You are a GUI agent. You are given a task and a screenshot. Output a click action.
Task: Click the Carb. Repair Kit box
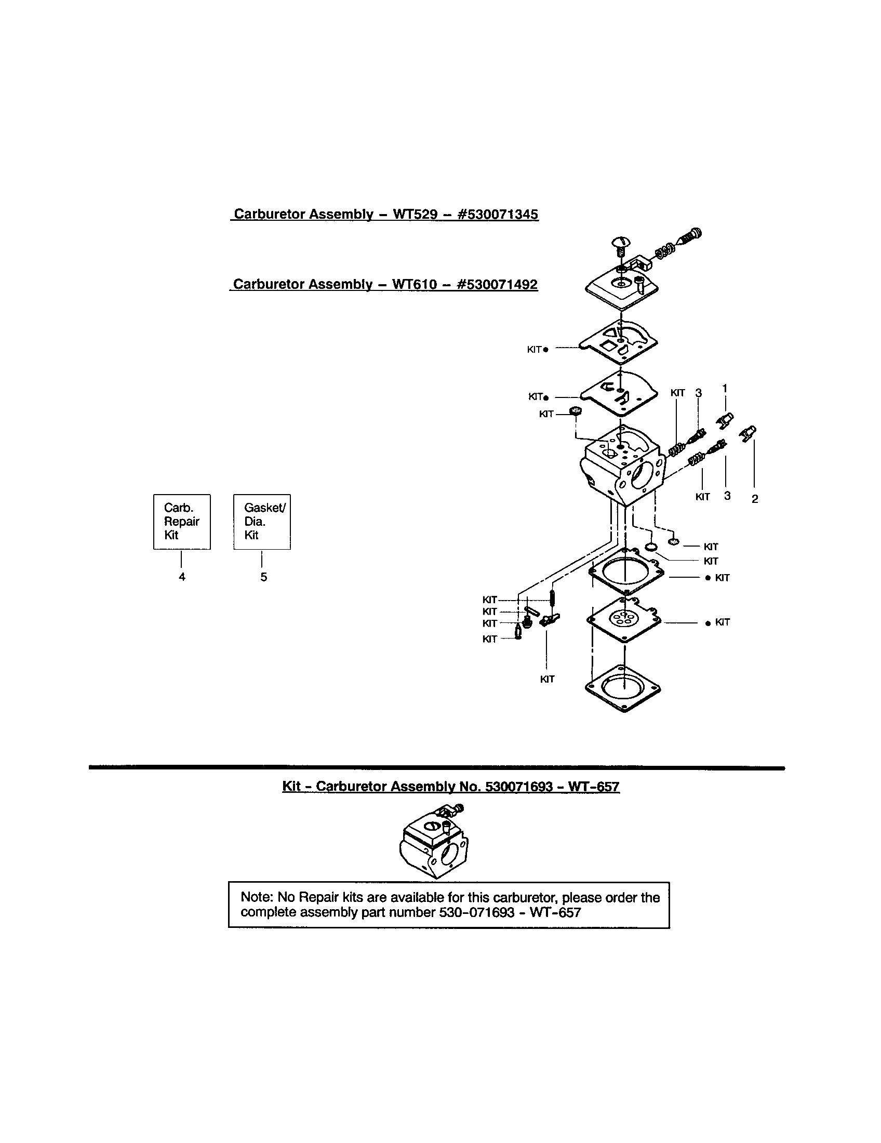tap(181, 521)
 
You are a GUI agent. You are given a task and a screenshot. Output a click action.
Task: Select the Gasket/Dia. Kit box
tap(262, 521)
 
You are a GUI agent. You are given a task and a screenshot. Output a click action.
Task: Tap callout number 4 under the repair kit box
tap(182, 577)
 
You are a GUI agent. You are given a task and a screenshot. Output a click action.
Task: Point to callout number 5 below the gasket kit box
tap(264, 577)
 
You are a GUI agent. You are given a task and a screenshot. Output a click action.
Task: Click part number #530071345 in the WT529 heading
tap(498, 214)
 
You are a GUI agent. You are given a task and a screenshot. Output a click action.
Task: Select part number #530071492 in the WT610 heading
tap(497, 284)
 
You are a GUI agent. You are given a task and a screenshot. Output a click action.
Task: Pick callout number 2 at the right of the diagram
tap(754, 499)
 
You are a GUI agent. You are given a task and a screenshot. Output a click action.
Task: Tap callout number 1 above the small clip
tap(725, 388)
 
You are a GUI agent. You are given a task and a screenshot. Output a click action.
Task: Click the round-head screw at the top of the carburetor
tap(620, 244)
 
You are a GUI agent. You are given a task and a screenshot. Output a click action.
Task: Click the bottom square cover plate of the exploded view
tap(623, 688)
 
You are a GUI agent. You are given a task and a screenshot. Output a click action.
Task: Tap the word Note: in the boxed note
tap(257, 897)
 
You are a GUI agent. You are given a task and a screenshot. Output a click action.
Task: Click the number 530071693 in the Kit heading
tap(518, 787)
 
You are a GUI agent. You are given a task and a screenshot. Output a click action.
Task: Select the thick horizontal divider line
tap(437, 768)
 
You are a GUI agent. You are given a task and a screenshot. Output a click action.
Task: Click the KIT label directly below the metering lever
tap(546, 679)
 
